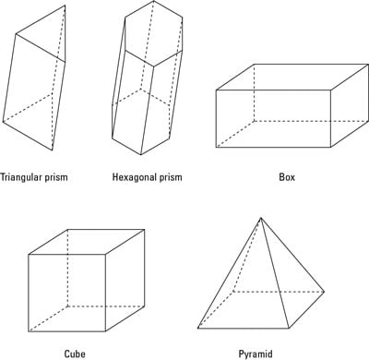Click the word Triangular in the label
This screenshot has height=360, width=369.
point(20,177)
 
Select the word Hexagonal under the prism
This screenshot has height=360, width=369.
point(133,177)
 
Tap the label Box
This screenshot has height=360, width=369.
point(287,177)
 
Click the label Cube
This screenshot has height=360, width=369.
point(75,354)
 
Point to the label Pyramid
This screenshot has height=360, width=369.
point(256,354)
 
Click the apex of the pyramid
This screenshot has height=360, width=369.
point(261,218)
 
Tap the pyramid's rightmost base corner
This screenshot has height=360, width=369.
point(324,292)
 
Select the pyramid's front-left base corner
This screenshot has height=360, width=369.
point(198,329)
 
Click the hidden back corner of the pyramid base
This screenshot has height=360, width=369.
point(233,291)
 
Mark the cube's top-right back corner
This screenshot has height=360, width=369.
point(145,229)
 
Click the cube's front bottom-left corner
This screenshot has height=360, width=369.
point(29,331)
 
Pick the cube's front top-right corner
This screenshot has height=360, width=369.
point(106,255)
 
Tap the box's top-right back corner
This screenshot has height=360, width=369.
point(368,65)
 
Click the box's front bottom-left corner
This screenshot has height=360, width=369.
point(216,148)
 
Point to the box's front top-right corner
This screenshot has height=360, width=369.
point(330,90)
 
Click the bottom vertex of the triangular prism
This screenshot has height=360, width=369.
point(53,150)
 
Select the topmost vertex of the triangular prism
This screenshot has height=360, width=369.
point(65,6)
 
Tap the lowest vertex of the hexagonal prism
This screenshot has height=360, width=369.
point(141,155)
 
